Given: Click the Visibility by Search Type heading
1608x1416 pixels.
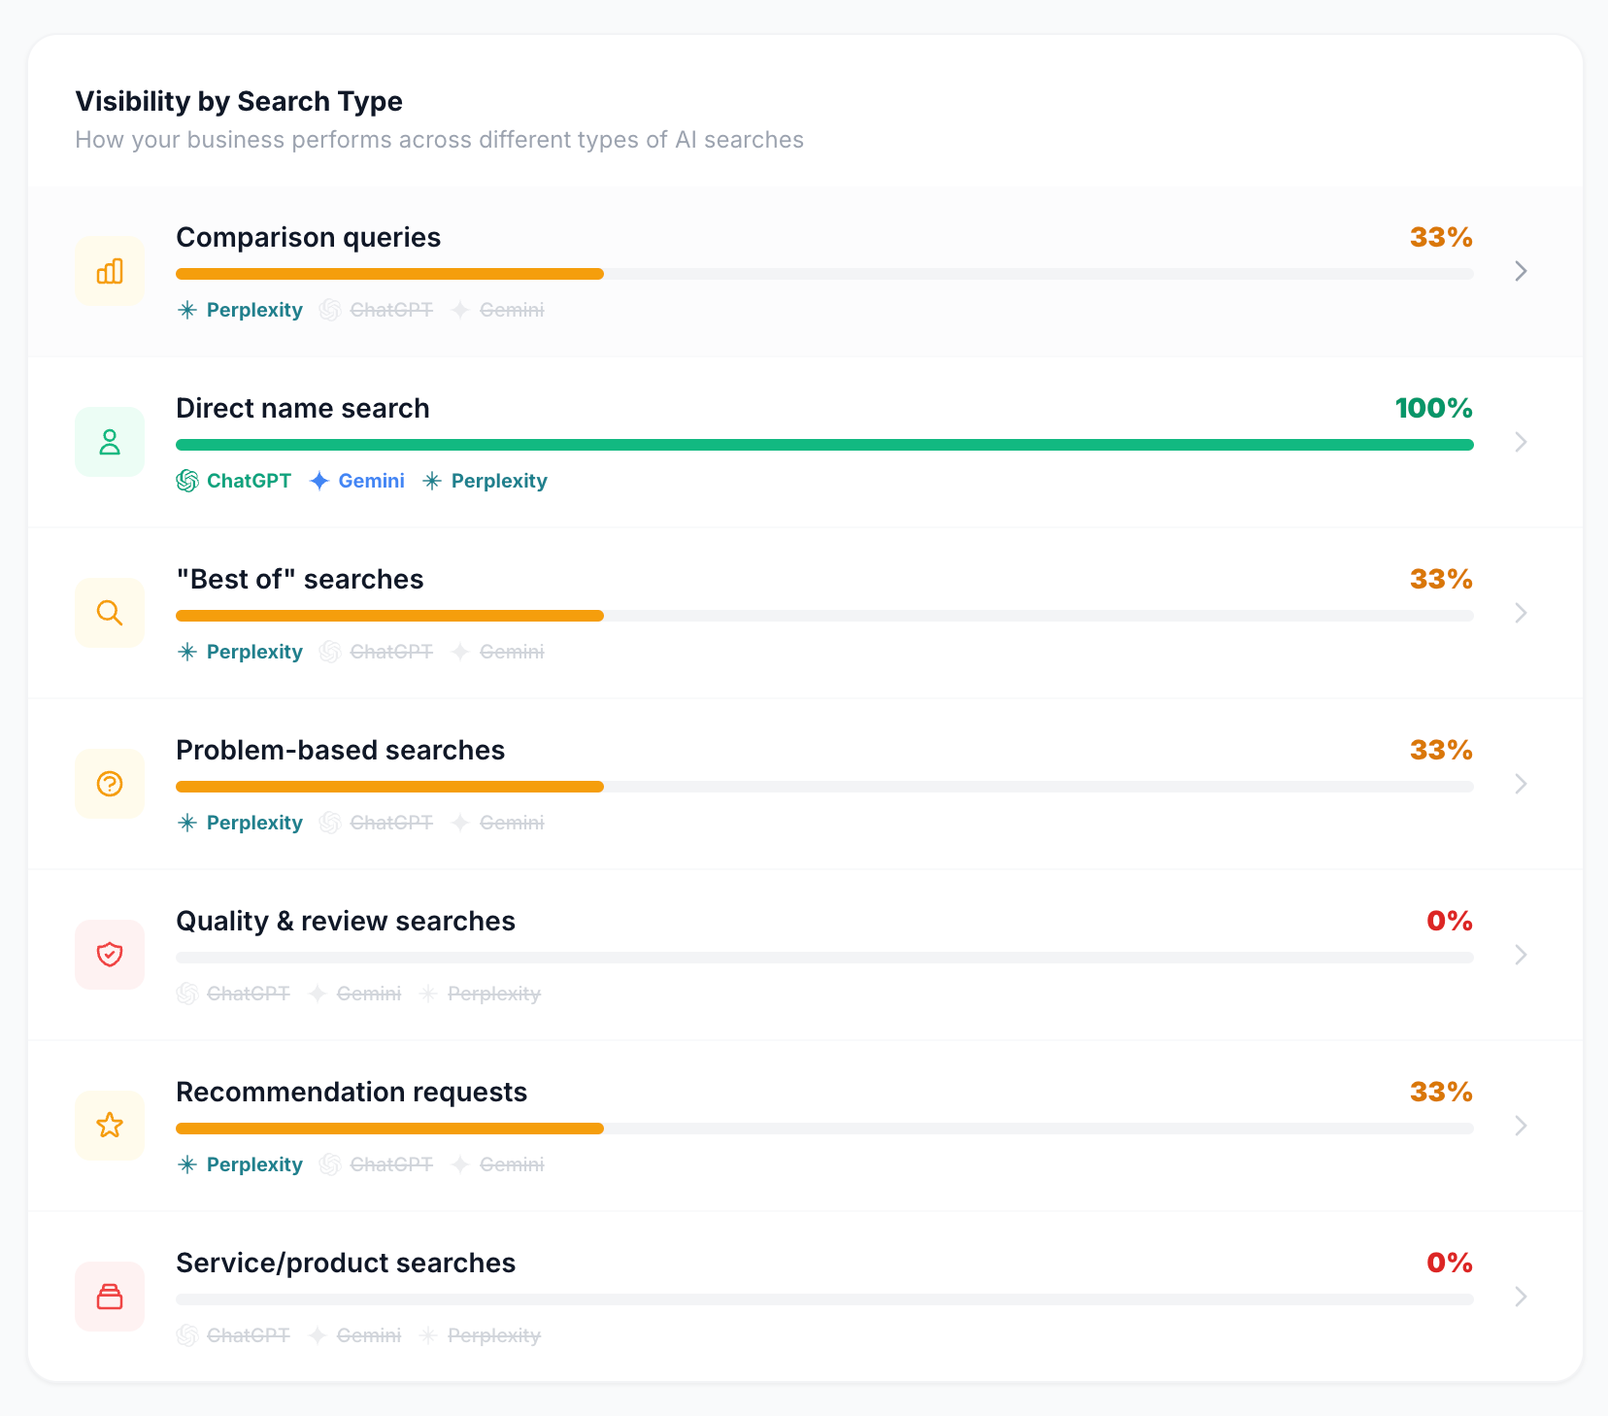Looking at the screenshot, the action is coord(239,101).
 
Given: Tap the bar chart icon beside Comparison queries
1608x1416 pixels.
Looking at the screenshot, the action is coord(110,271).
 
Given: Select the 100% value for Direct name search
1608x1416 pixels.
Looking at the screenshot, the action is coord(1433,408).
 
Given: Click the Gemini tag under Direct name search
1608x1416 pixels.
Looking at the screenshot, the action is coord(357,481).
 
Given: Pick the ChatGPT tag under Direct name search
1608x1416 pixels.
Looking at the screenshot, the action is coord(233,481).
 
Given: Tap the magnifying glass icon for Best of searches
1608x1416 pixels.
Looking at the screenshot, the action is coord(110,613).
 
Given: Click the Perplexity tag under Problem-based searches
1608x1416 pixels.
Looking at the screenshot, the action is coord(240,823).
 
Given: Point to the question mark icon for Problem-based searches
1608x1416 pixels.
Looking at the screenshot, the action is coord(110,784).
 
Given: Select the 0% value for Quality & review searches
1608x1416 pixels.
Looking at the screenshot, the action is coord(1450,921).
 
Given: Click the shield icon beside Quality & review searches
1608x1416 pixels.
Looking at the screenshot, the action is coord(110,955).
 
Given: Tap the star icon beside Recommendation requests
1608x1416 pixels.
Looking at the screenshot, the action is coord(110,1126).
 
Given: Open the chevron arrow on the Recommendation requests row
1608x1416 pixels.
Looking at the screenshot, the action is coord(1521,1126).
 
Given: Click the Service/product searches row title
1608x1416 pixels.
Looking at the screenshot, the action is coord(346,1263).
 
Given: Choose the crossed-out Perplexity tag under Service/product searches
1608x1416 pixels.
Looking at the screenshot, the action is coord(480,1335).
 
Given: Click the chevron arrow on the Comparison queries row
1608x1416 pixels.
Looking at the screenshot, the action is coord(1521,271).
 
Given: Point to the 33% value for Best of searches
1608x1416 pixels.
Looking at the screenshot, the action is coord(1441,579).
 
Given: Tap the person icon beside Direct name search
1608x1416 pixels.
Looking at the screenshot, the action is coord(110,442).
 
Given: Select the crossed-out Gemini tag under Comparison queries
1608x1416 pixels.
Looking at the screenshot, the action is coord(498,310).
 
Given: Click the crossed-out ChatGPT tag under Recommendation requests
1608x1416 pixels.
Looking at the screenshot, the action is coord(376,1164).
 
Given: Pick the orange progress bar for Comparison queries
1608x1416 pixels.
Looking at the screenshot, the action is coord(389,274).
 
